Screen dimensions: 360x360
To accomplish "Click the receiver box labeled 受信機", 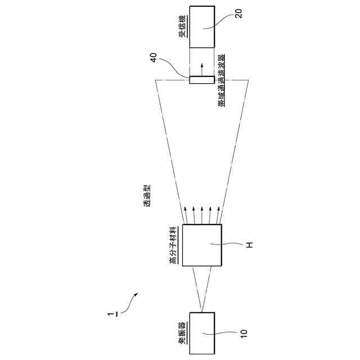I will coord(201,27).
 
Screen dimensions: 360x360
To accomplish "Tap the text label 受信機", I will coord(182,26).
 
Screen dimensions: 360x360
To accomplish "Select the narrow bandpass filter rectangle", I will coord(201,79).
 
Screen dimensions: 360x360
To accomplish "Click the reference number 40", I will coord(153,59).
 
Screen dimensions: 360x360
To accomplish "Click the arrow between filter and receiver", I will coord(201,66).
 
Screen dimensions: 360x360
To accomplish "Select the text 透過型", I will coord(147,199).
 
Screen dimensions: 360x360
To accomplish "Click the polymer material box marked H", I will coord(201,245).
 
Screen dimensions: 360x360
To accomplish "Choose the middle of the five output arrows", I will coord(201,214).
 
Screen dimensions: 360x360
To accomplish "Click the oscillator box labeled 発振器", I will coord(201,333).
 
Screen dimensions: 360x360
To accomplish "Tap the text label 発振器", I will coord(182,334).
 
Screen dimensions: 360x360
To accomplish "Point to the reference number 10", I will coord(244,333).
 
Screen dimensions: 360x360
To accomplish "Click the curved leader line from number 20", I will coord(222,21).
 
